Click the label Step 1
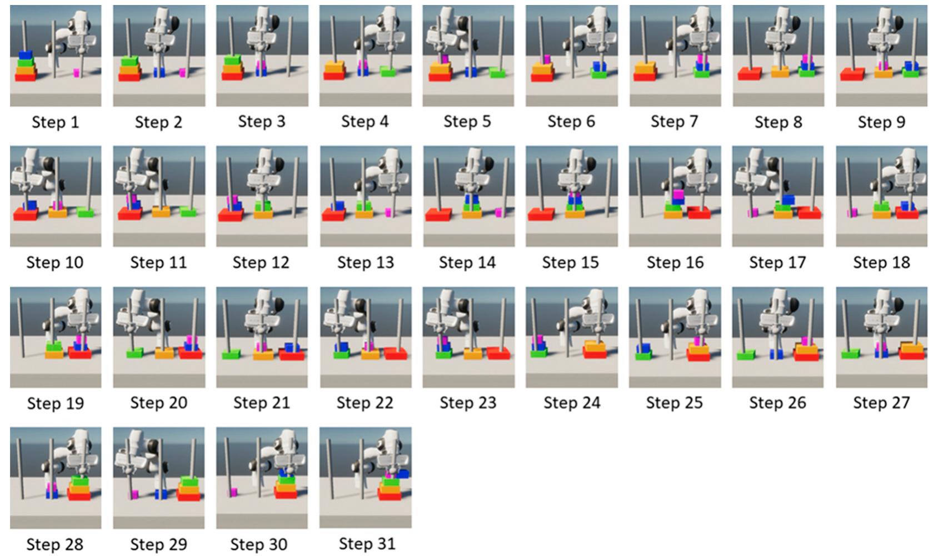(x=55, y=122)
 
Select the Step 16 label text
(x=675, y=262)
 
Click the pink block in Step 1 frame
(x=77, y=73)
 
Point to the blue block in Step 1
(x=26, y=56)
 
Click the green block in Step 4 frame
(x=388, y=71)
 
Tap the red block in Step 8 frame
(x=749, y=73)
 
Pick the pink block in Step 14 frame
(x=498, y=212)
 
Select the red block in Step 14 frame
(x=438, y=215)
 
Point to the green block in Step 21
(x=231, y=354)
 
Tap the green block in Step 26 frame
(x=746, y=354)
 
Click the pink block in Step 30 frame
(x=233, y=492)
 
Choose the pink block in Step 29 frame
(x=134, y=494)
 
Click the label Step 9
(x=881, y=122)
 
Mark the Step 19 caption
(x=55, y=403)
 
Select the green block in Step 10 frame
(x=85, y=212)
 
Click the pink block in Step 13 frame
(x=388, y=212)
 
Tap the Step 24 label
(x=571, y=403)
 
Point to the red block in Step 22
(x=396, y=354)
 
